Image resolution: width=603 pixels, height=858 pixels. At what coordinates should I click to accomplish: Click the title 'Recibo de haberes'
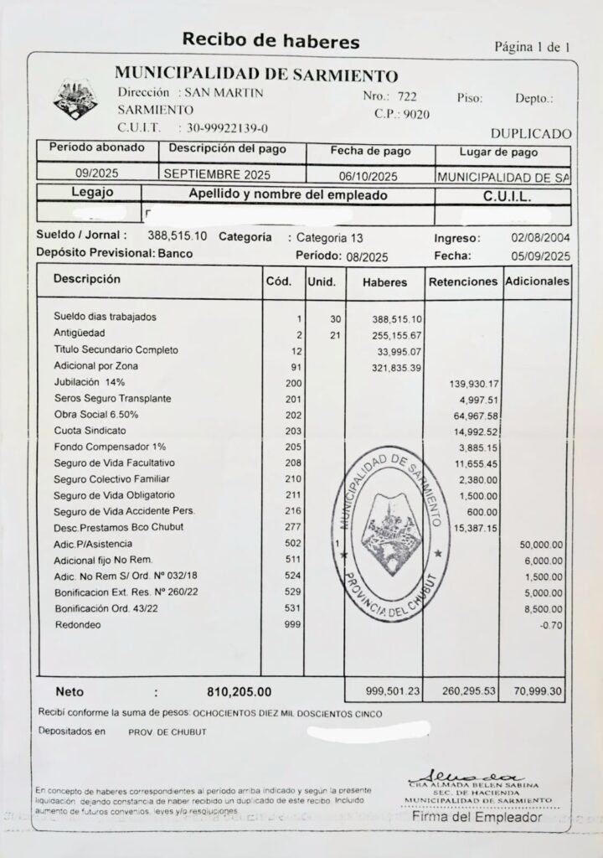(271, 40)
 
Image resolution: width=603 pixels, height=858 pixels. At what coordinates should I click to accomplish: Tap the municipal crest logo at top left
(75, 101)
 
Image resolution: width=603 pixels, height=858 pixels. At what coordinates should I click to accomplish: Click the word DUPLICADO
(530, 134)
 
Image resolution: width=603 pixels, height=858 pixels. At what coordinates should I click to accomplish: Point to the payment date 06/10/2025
(370, 178)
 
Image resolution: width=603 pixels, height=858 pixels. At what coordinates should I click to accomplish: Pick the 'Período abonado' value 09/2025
(98, 175)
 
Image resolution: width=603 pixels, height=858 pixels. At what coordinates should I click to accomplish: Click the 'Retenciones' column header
(462, 282)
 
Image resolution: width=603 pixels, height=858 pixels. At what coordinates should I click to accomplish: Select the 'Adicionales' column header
(537, 282)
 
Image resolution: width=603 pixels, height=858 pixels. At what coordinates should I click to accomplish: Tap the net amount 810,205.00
(239, 692)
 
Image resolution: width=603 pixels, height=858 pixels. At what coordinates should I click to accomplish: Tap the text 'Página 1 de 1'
(532, 46)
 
